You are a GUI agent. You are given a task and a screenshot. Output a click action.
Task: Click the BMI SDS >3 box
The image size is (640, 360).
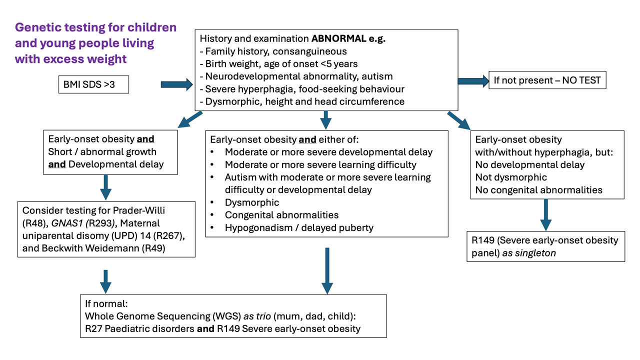click(x=93, y=84)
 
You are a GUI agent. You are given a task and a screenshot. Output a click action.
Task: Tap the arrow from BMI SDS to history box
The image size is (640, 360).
click(x=177, y=84)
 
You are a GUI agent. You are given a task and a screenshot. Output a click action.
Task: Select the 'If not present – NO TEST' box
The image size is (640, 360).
click(x=547, y=80)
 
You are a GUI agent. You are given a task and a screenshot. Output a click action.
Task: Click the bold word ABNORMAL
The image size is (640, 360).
click(x=338, y=38)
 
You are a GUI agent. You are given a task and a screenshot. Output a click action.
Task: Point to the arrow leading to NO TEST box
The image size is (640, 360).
click(x=473, y=81)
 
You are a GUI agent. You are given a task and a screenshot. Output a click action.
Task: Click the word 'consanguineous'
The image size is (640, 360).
click(x=309, y=51)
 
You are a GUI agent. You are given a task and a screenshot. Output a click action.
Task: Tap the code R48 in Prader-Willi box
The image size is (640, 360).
click(x=34, y=223)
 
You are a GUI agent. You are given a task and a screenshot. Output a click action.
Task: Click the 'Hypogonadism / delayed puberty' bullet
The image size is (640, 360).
click(x=299, y=227)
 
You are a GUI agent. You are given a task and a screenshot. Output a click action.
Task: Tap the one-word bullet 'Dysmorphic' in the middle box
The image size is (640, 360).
click(x=251, y=202)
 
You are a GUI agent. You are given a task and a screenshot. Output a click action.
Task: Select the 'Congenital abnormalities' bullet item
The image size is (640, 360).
click(x=281, y=215)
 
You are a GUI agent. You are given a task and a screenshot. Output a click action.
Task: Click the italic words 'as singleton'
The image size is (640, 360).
click(x=529, y=253)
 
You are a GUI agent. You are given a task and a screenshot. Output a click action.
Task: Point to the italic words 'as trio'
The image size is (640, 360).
click(x=257, y=316)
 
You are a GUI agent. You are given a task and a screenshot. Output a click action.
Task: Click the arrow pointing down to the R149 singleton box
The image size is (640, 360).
click(x=545, y=215)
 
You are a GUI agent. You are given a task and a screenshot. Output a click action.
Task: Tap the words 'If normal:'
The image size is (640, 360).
click(x=106, y=303)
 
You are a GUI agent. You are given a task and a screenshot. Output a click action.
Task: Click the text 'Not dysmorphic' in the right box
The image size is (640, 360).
click(x=511, y=177)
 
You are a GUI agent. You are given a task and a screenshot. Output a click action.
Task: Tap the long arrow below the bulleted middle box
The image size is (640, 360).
click(x=327, y=271)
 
